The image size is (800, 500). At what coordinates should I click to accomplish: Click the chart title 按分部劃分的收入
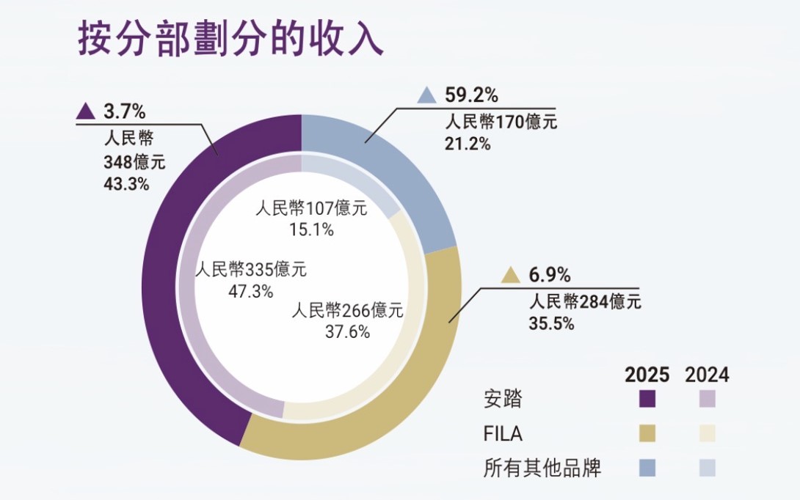coord(230,39)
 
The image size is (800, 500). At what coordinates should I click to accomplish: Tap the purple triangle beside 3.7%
coord(86,111)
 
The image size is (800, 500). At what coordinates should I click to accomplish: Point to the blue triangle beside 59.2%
coord(426,95)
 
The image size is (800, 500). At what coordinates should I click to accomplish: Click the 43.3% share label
coord(126,184)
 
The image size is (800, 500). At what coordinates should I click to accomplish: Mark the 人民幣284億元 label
coord(585,301)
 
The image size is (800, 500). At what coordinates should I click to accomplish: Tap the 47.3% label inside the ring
coord(251,290)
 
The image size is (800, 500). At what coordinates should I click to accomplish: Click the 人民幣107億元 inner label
coord(310,208)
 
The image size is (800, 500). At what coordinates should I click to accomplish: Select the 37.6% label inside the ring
coord(347,331)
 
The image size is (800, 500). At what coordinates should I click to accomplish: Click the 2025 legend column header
coord(647,375)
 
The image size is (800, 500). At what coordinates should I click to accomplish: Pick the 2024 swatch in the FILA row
coord(707,434)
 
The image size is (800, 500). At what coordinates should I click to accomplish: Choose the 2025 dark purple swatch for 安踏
coord(647,400)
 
